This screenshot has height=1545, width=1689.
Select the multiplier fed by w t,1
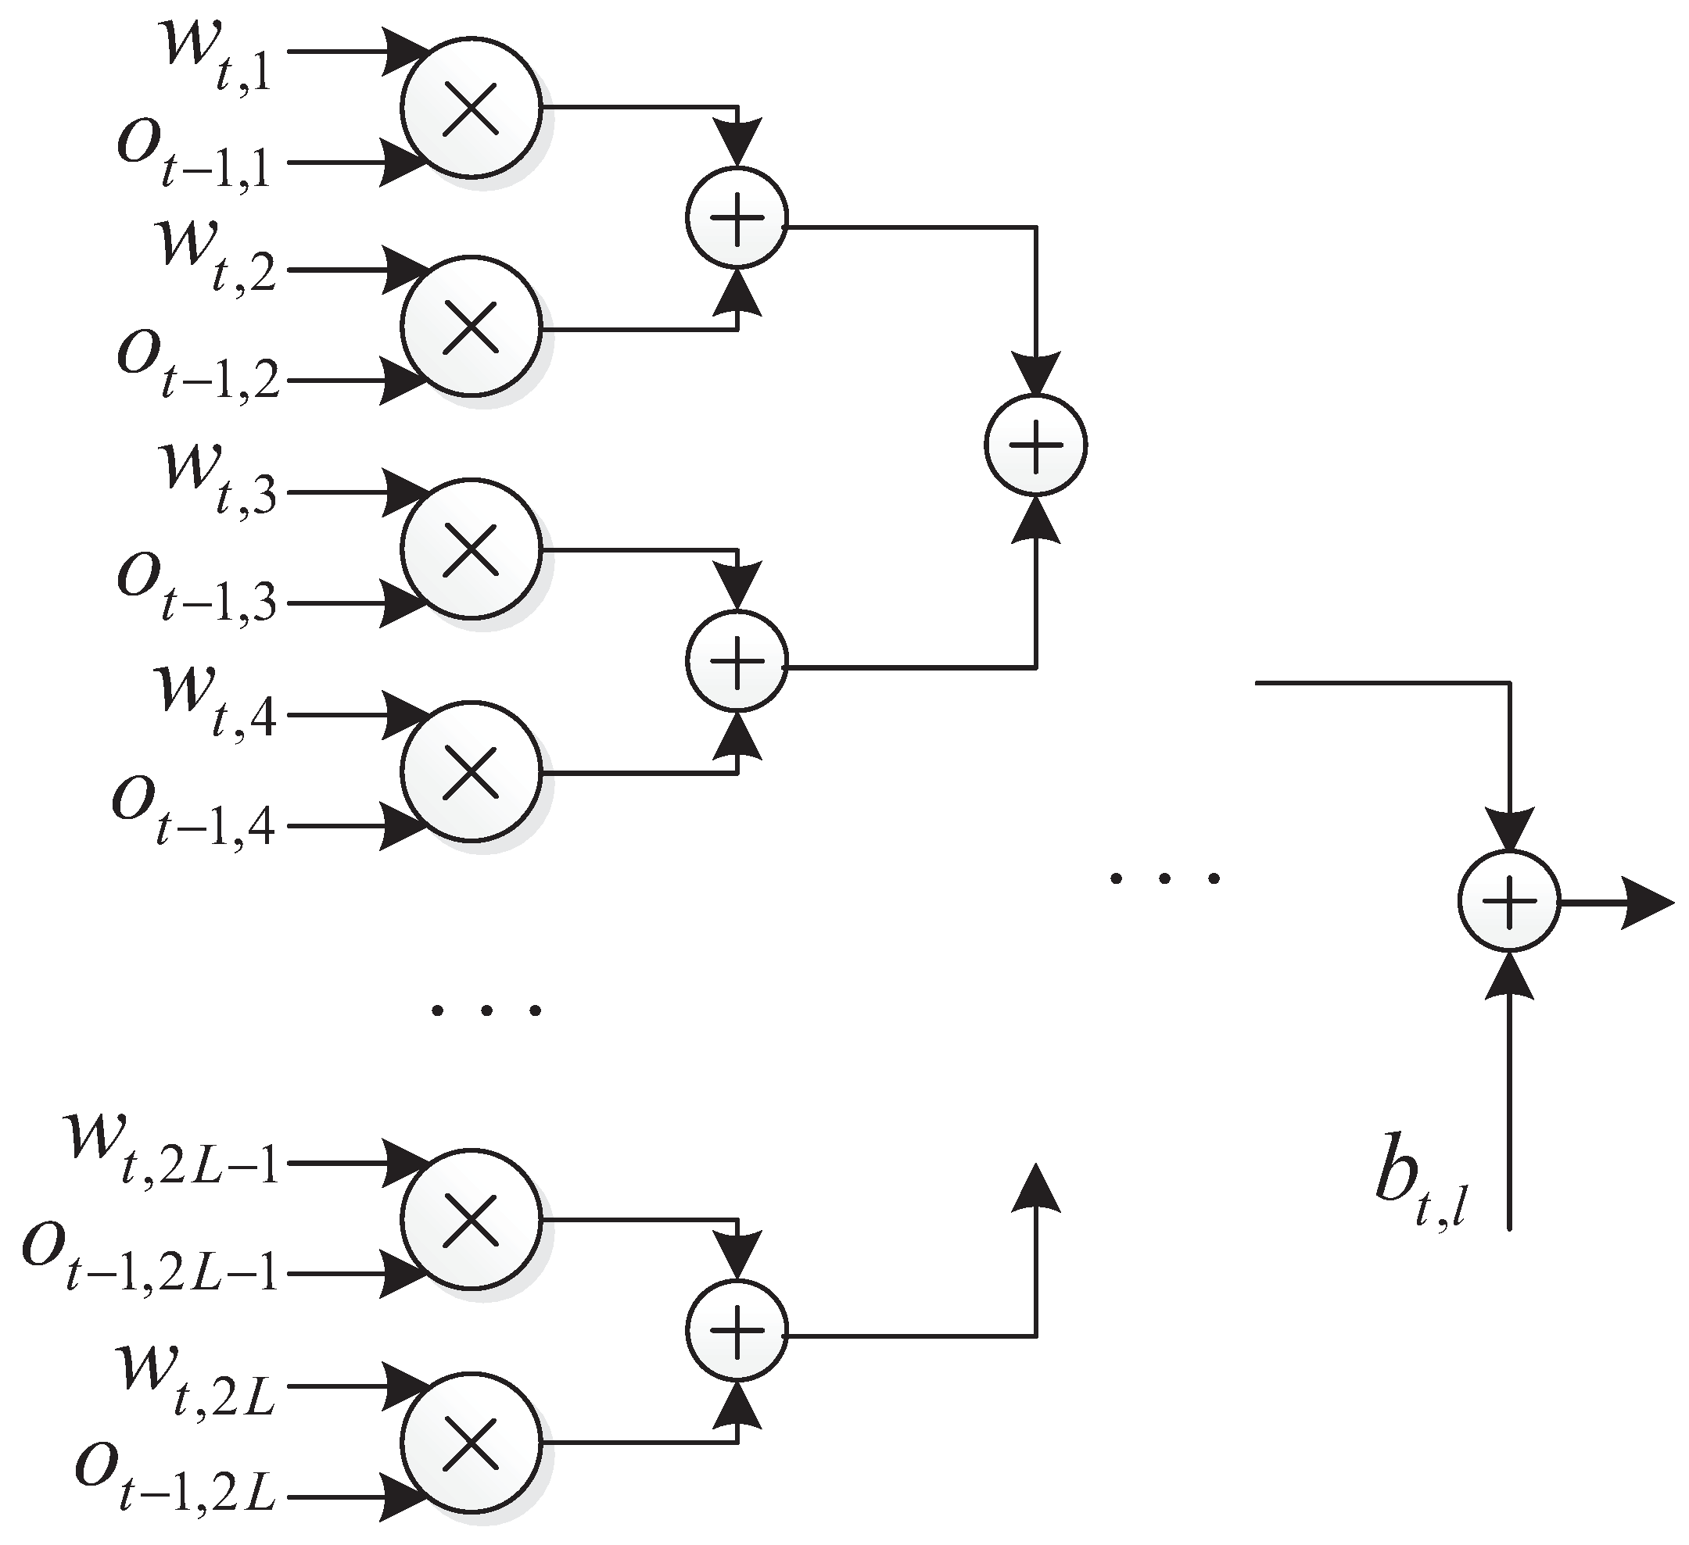(x=471, y=108)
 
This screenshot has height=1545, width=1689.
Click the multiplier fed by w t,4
(x=471, y=771)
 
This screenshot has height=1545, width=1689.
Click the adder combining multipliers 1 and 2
(x=737, y=218)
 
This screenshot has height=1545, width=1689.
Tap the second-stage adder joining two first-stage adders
(x=1036, y=445)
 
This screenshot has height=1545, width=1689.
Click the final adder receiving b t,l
(x=1509, y=902)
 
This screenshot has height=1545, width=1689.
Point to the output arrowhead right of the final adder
(x=1646, y=903)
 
